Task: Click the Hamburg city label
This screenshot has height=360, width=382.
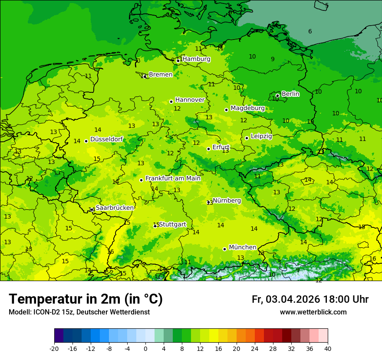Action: (196, 59)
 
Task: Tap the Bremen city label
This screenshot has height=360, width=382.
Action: (161, 75)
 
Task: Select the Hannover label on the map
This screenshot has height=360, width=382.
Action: (190, 100)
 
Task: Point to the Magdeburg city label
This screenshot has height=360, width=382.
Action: (247, 108)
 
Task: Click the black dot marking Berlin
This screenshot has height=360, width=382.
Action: (277, 95)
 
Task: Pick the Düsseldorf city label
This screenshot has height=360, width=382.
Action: (106, 139)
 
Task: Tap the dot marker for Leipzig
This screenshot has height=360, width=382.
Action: (247, 138)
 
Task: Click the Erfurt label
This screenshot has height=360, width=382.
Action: (221, 147)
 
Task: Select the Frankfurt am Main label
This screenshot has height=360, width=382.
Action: (173, 178)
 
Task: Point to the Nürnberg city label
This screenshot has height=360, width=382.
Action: (227, 200)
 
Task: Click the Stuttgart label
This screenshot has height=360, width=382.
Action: (172, 224)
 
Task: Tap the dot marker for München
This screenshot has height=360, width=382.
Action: (224, 249)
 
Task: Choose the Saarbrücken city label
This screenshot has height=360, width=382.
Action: (115, 208)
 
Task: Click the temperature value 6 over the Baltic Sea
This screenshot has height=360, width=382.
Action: (310, 31)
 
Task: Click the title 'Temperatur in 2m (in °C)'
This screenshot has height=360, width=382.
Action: (86, 299)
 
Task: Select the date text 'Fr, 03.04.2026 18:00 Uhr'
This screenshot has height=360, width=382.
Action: (310, 299)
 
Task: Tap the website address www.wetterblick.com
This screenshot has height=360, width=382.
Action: (313, 312)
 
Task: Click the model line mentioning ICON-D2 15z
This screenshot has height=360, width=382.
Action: (79, 312)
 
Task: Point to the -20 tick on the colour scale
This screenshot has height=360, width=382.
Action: (54, 348)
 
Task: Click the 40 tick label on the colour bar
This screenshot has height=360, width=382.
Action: (328, 348)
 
